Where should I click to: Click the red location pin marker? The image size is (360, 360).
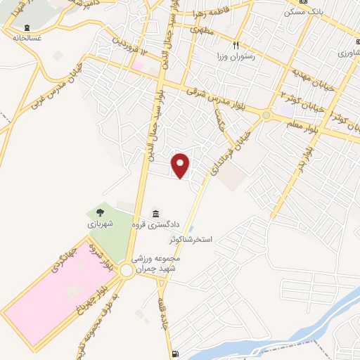click(x=181, y=165)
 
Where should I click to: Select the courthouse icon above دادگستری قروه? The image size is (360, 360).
click(x=155, y=213)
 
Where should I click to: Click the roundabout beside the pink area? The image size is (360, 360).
click(x=126, y=271)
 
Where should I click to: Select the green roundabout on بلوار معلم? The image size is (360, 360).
click(x=266, y=115)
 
